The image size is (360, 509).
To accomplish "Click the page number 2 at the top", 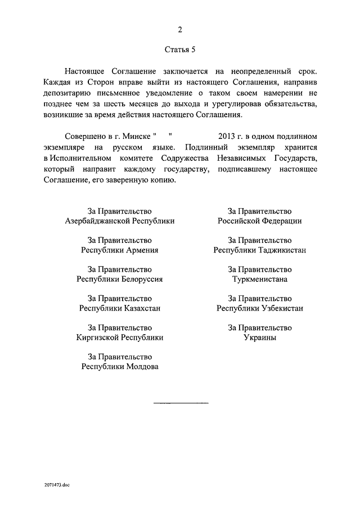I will point(180,30).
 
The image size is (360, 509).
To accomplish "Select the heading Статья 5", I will point(180,50).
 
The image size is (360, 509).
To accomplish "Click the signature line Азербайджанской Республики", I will point(120,221).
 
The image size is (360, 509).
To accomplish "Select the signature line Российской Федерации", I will point(259,221).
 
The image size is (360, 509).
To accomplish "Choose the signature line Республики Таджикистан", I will point(259,250).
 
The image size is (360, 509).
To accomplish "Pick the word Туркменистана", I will point(259,280).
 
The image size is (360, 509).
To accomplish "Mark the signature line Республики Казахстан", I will point(120,309).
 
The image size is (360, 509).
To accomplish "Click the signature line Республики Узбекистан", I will point(259,309).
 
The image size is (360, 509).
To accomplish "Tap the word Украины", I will point(259,338).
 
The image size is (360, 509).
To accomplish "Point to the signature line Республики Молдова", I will point(120,367).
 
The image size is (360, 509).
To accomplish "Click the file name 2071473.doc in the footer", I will point(56,484).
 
